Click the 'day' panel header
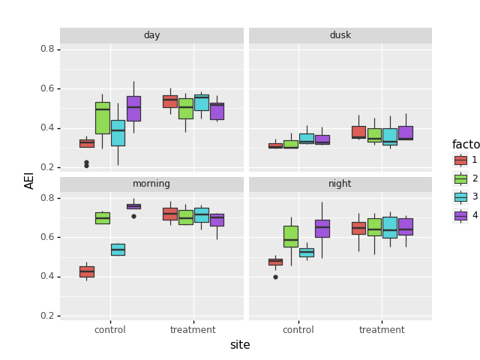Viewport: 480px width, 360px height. [x=151, y=35]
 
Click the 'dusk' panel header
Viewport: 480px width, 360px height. [x=340, y=35]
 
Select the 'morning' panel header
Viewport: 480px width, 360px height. [x=151, y=184]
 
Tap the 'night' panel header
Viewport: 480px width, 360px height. [x=340, y=184]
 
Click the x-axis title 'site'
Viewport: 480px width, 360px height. [x=240, y=345]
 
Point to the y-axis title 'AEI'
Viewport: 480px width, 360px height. [x=30, y=180]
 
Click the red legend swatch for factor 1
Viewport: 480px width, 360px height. [x=460, y=160]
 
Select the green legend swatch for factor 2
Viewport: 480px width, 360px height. [x=460, y=178]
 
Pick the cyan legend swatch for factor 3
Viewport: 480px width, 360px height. [x=460, y=196]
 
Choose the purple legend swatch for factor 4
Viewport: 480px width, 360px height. [x=460, y=215]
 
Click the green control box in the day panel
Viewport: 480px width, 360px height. [x=102, y=118]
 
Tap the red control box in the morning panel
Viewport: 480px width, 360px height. [x=87, y=271]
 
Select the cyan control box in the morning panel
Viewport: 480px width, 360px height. [x=118, y=249]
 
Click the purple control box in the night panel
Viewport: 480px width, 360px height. [x=322, y=228]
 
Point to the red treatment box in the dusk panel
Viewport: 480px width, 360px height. [x=358, y=132]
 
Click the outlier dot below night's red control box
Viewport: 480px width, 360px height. [x=275, y=277]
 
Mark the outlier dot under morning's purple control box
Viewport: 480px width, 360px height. [x=133, y=216]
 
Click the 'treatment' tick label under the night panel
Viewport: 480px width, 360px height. [x=382, y=330]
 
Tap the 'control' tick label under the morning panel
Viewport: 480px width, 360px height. [x=110, y=330]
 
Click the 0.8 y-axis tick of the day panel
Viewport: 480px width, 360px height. [x=46, y=49]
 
